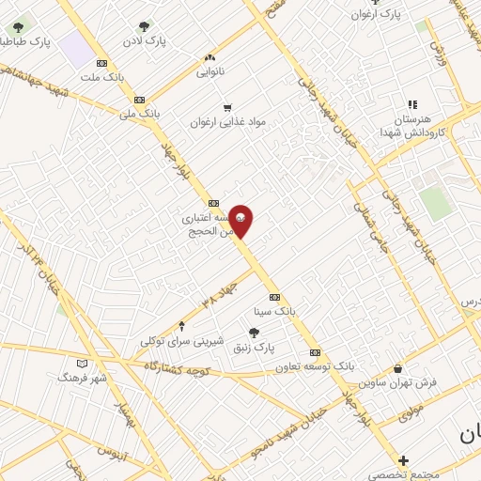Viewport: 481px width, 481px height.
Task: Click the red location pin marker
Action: click(x=240, y=222)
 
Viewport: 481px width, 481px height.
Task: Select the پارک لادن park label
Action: click(x=144, y=41)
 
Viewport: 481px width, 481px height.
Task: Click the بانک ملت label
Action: click(x=102, y=77)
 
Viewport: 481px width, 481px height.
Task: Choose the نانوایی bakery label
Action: click(x=210, y=70)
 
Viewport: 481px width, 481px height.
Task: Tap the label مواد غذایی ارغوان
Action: click(x=225, y=122)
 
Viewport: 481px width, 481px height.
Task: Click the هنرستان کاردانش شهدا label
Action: click(x=413, y=126)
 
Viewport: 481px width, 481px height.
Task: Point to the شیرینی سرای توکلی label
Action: click(x=182, y=341)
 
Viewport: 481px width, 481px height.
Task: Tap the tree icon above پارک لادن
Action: click(x=144, y=27)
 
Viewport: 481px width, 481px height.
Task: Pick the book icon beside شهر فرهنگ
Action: click(x=83, y=363)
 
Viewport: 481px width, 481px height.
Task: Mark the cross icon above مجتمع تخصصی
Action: click(x=403, y=460)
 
